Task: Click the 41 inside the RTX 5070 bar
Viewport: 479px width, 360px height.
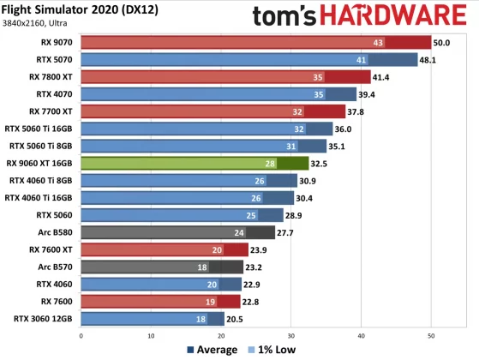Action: (x=362, y=60)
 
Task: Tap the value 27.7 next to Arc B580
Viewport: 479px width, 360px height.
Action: (x=286, y=231)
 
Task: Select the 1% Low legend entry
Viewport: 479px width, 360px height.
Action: (x=271, y=350)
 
